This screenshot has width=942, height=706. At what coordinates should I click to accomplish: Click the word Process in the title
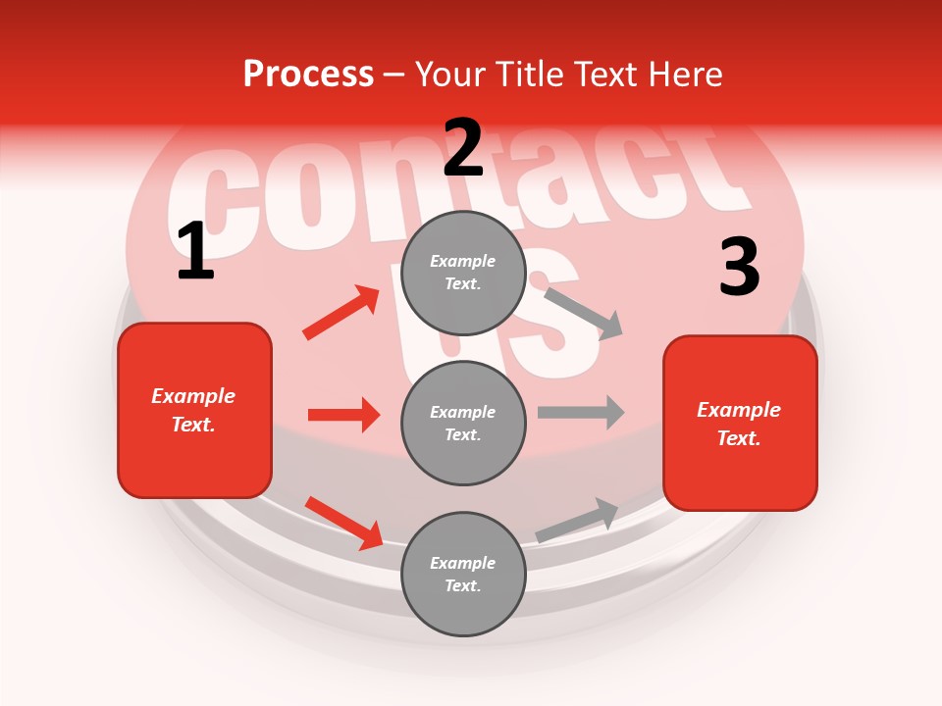point(308,75)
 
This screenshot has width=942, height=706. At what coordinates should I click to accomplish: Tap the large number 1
point(195,252)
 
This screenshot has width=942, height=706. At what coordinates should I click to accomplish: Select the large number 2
point(463,148)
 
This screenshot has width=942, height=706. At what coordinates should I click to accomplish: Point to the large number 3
point(739,268)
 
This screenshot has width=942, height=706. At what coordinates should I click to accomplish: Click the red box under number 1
point(194,410)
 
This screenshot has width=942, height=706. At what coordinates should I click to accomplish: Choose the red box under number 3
point(740,423)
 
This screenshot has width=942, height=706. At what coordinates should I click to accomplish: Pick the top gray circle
point(463,273)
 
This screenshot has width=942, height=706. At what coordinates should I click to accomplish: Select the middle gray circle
point(463,423)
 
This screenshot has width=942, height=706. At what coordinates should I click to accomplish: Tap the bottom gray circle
point(463,574)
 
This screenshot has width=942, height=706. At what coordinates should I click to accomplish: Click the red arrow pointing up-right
point(341,313)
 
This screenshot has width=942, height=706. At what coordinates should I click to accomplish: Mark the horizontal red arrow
point(343,415)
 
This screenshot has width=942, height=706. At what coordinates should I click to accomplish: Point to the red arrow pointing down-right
point(344,523)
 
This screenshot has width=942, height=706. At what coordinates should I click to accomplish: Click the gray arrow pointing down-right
point(583,313)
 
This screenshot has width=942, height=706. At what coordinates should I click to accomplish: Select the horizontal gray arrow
point(581,412)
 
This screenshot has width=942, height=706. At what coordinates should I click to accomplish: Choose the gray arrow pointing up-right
point(577,521)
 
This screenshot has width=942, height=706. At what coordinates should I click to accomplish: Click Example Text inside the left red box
point(193,410)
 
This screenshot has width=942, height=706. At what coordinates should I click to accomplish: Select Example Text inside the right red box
point(739,424)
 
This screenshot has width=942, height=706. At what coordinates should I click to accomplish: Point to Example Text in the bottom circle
point(463,574)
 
